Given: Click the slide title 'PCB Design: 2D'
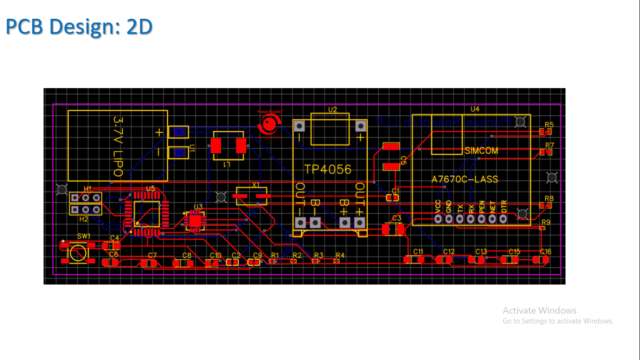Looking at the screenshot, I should (79, 27).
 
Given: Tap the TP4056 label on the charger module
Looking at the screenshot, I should (327, 169).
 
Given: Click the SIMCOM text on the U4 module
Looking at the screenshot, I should (481, 151).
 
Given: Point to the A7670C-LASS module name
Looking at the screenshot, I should (465, 179).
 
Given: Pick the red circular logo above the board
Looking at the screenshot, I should (268, 124).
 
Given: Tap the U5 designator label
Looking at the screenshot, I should (150, 188).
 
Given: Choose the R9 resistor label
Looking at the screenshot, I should (546, 222).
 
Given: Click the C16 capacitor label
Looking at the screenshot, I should (545, 252).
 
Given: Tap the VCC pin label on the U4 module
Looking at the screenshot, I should (438, 207).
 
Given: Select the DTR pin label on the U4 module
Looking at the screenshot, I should (504, 207).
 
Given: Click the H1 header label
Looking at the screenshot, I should (88, 188).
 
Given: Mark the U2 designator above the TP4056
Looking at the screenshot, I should (332, 110).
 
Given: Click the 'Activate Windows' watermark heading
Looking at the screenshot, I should (539, 310).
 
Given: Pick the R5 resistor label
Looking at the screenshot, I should (549, 125).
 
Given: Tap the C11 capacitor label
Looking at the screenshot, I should (418, 252).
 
